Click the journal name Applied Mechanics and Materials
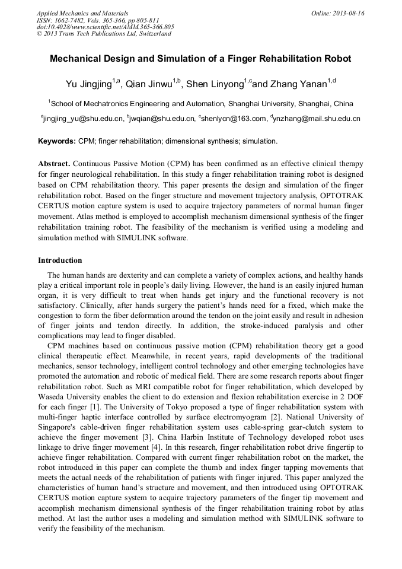click(82, 13)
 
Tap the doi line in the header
click(105, 27)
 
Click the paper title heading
click(200, 59)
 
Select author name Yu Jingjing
click(88, 84)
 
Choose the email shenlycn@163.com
click(234, 119)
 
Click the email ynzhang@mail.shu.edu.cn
click(317, 119)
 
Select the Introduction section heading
click(60, 260)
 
